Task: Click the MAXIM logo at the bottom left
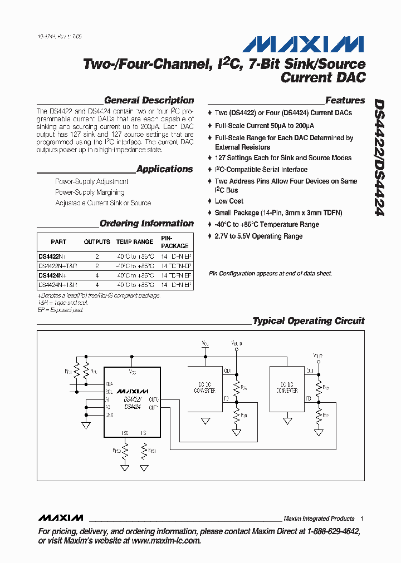[x=61, y=517]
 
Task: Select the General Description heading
[x=149, y=101]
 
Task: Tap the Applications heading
[x=164, y=169]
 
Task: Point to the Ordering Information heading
[x=146, y=224]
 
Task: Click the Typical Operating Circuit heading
[x=308, y=321]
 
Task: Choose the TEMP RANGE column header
[x=134, y=242]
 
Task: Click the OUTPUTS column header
[x=97, y=242]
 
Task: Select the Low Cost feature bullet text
[x=229, y=201]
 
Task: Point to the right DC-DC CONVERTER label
[x=287, y=388]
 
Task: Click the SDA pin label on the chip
[x=109, y=384]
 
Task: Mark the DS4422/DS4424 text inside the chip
[x=133, y=403]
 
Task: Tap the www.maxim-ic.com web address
[x=166, y=540]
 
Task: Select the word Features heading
[x=345, y=101]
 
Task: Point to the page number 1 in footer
[x=361, y=518]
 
